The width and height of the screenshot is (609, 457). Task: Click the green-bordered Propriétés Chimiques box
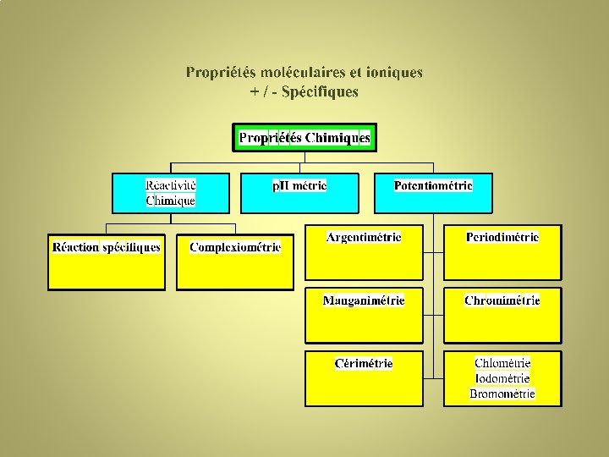coord(304,137)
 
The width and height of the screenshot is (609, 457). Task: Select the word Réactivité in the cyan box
coord(170,185)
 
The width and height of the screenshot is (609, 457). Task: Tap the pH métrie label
coord(299,185)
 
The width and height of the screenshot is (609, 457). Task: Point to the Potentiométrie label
coord(433,185)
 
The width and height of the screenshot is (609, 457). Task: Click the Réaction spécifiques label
coord(107,247)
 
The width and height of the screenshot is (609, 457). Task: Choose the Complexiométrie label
coord(235,247)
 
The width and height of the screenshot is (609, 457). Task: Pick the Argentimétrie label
coord(364,237)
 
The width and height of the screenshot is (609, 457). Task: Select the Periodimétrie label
coord(502,237)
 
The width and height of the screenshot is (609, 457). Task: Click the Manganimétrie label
coord(364,300)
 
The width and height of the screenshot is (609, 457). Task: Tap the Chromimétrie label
coord(502,300)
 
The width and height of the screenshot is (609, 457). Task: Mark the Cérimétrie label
coord(364,363)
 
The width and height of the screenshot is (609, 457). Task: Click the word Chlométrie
coord(502,363)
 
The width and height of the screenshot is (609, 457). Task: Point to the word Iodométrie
coord(502,378)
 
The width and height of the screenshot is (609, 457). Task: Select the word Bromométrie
coord(502,394)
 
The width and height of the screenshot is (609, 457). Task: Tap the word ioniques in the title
coord(393,73)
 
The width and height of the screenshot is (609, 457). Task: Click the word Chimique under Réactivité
coord(170,201)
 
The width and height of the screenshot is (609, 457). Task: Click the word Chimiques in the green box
coord(337,137)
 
